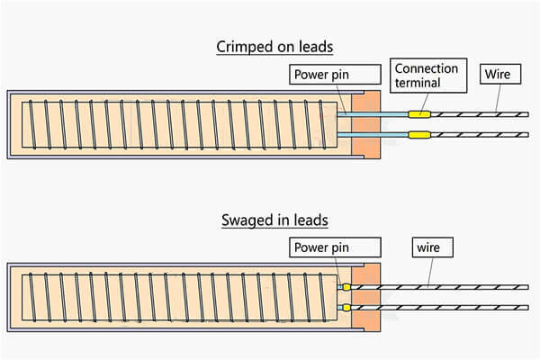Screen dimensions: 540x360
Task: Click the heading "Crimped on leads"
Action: click(274, 47)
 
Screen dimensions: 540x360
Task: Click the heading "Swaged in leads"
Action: click(274, 220)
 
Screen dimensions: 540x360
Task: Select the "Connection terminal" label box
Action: click(428, 76)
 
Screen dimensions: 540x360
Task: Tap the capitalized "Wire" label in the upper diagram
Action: click(500, 74)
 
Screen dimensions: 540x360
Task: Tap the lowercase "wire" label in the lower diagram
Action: click(433, 247)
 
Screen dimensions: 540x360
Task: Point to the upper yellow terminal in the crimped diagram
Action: click(419, 114)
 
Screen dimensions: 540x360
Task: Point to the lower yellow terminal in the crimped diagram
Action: click(419, 134)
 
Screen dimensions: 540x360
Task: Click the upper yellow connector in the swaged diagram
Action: click(346, 287)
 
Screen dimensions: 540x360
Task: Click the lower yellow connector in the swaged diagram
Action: click(346, 307)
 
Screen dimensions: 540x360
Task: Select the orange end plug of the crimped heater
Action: click(365, 125)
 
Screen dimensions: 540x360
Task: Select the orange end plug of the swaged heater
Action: click(365, 297)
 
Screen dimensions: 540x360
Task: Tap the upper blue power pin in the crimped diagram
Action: click(373, 114)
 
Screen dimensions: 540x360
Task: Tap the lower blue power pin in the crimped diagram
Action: click(373, 135)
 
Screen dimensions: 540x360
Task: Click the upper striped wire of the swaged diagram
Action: click(439, 287)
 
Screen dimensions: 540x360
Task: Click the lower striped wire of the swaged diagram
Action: click(439, 307)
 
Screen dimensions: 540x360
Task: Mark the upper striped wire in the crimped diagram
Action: click(480, 114)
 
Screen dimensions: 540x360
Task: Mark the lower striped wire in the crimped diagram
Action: click(480, 135)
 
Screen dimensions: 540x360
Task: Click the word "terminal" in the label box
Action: click(418, 83)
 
